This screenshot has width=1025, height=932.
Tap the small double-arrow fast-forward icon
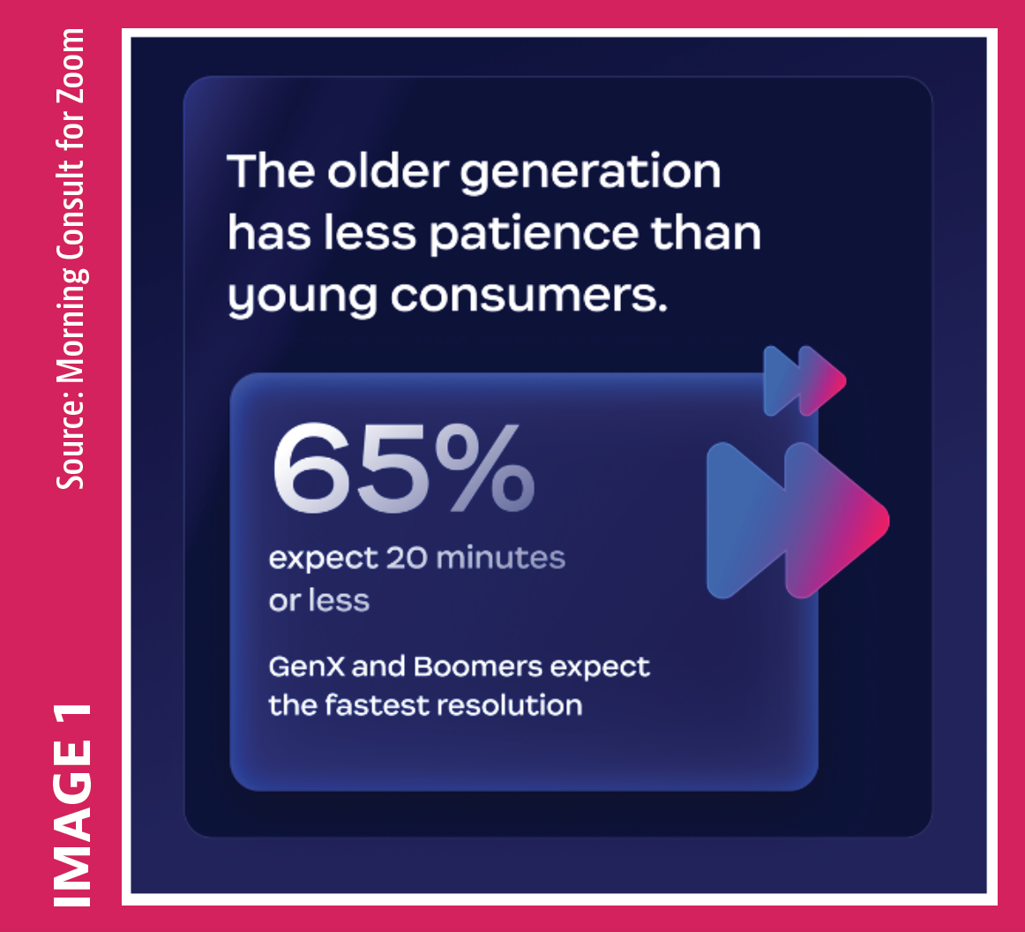point(804,380)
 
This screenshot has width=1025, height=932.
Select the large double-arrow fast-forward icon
point(798,520)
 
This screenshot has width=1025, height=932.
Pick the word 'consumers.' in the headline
point(529,296)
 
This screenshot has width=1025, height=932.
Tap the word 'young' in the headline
point(303,298)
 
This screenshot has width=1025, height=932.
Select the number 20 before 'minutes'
point(407,558)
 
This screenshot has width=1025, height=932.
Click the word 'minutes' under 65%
point(501,558)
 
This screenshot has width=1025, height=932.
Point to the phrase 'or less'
point(319,600)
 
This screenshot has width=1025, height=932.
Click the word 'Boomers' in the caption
point(478,666)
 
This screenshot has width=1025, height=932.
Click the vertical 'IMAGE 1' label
point(72,805)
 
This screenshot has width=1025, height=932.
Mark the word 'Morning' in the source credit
point(72,325)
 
